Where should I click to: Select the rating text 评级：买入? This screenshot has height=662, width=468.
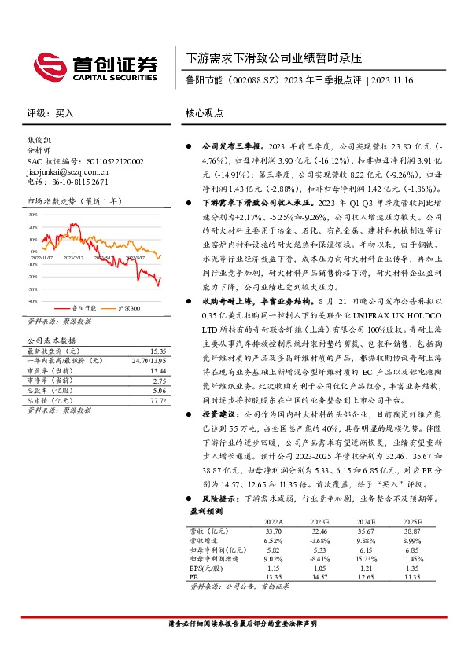(50, 113)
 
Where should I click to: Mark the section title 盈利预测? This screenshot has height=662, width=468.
(207, 511)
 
